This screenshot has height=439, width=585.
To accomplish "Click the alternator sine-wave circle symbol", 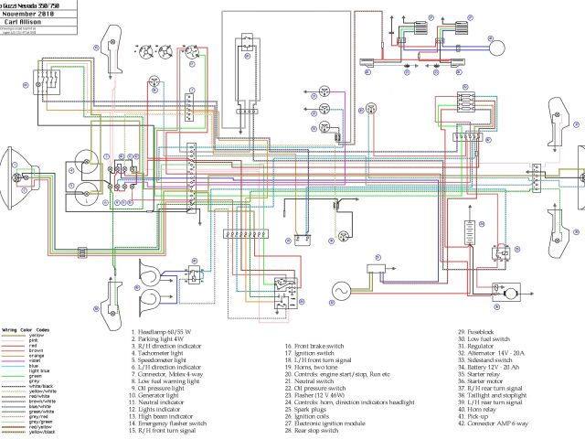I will tap(339, 290).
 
